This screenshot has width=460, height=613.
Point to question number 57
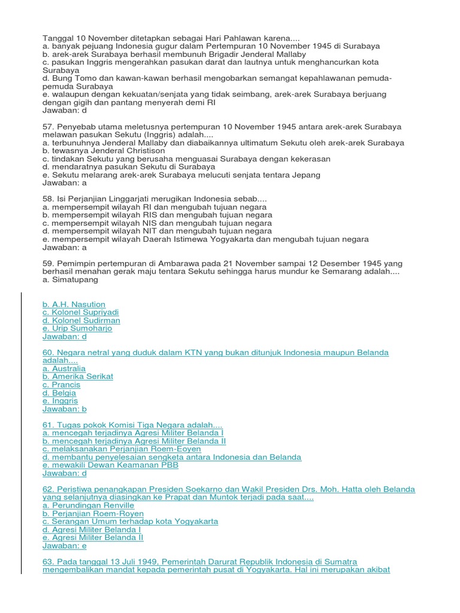coord(48,127)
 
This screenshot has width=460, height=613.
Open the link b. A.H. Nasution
coord(74,305)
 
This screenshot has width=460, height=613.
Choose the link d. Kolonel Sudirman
coord(81,321)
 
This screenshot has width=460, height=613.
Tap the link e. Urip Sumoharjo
coord(77,329)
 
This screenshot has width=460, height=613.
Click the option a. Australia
coord(64,369)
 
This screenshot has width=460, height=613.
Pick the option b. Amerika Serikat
coord(77,377)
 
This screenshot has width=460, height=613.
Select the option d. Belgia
coord(59,393)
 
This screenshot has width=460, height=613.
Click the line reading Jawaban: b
coord(64,409)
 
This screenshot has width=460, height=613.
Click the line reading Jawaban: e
coord(64,545)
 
